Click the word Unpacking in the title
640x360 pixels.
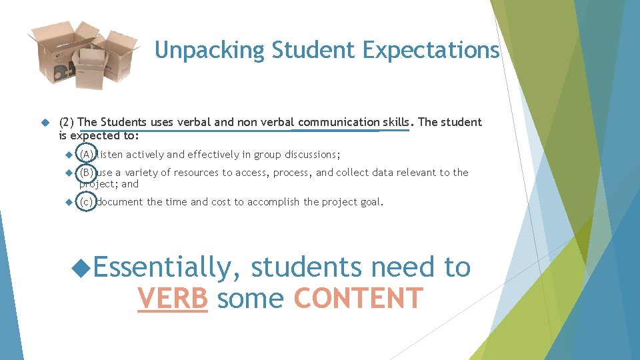tap(201, 50)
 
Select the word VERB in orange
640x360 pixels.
tap(173, 298)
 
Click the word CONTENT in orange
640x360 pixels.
tap(359, 298)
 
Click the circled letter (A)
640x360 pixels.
tap(86, 155)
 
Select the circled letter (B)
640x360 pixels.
tap(86, 173)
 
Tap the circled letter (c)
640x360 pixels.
tap(86, 202)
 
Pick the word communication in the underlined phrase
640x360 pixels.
tap(339, 122)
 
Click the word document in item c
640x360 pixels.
tap(120, 202)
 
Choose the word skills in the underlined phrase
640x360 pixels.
tap(397, 122)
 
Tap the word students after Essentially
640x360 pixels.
tap(307, 267)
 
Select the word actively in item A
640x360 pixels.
tap(145, 155)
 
